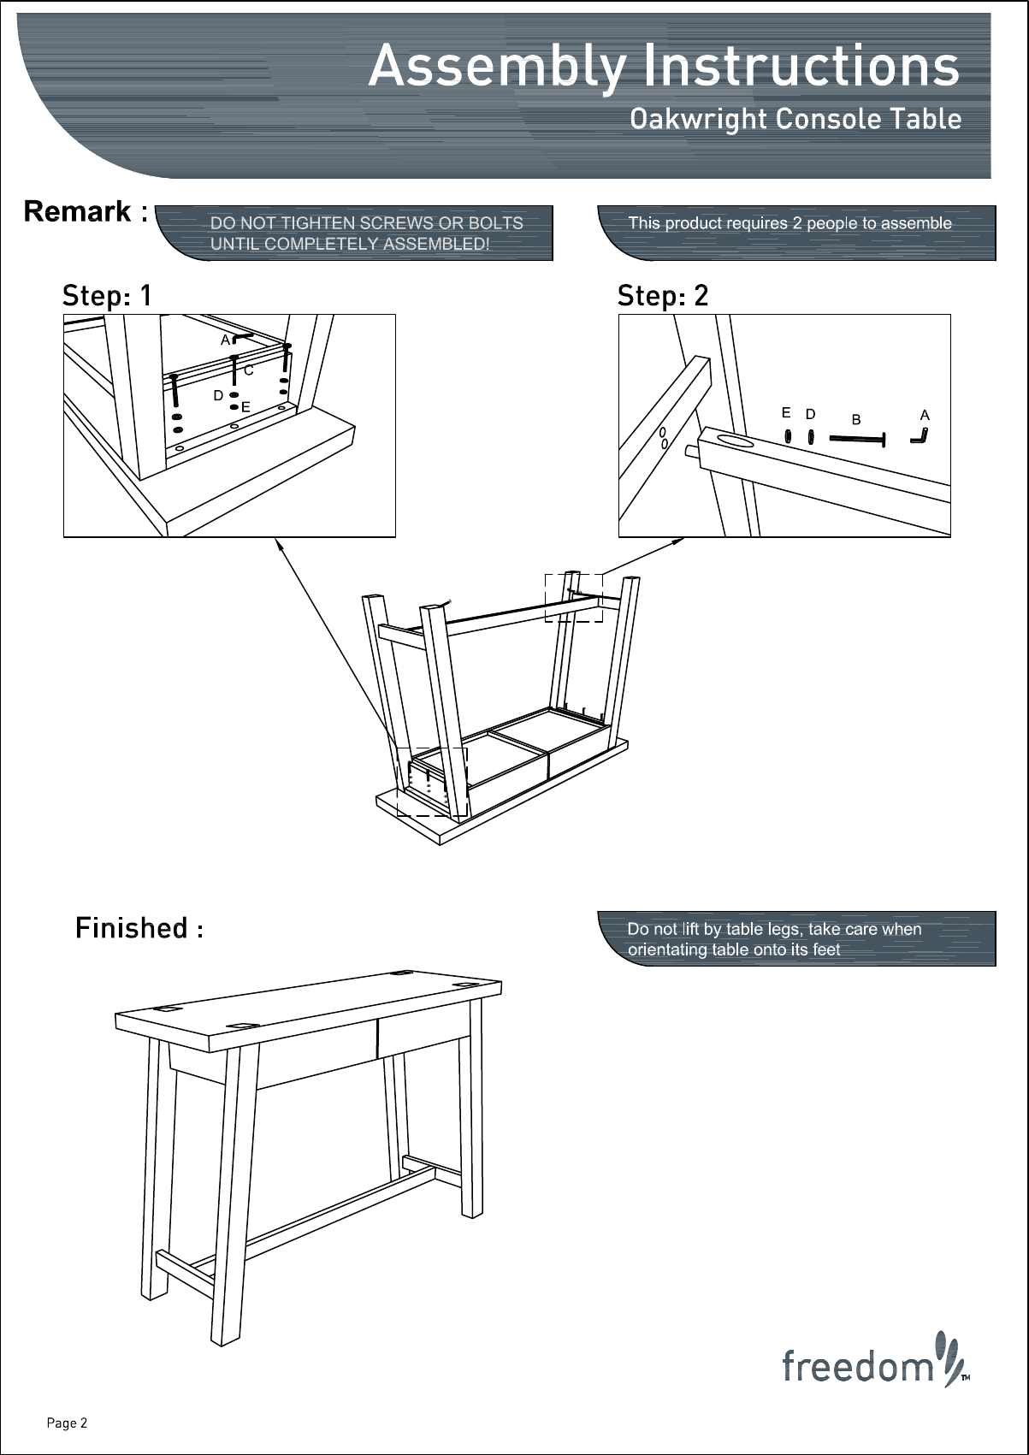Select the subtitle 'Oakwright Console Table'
click(795, 119)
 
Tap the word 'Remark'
click(79, 211)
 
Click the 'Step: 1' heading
click(107, 296)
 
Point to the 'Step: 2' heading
click(663, 296)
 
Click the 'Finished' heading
click(132, 927)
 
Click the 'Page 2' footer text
click(67, 1423)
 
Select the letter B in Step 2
click(855, 420)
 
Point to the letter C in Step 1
click(248, 371)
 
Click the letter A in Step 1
click(225, 340)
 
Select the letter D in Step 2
click(810, 414)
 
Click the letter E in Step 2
click(786, 413)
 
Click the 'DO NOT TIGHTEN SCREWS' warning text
click(366, 233)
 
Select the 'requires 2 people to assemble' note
click(789, 223)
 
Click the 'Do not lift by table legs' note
click(774, 938)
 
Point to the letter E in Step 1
click(245, 407)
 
